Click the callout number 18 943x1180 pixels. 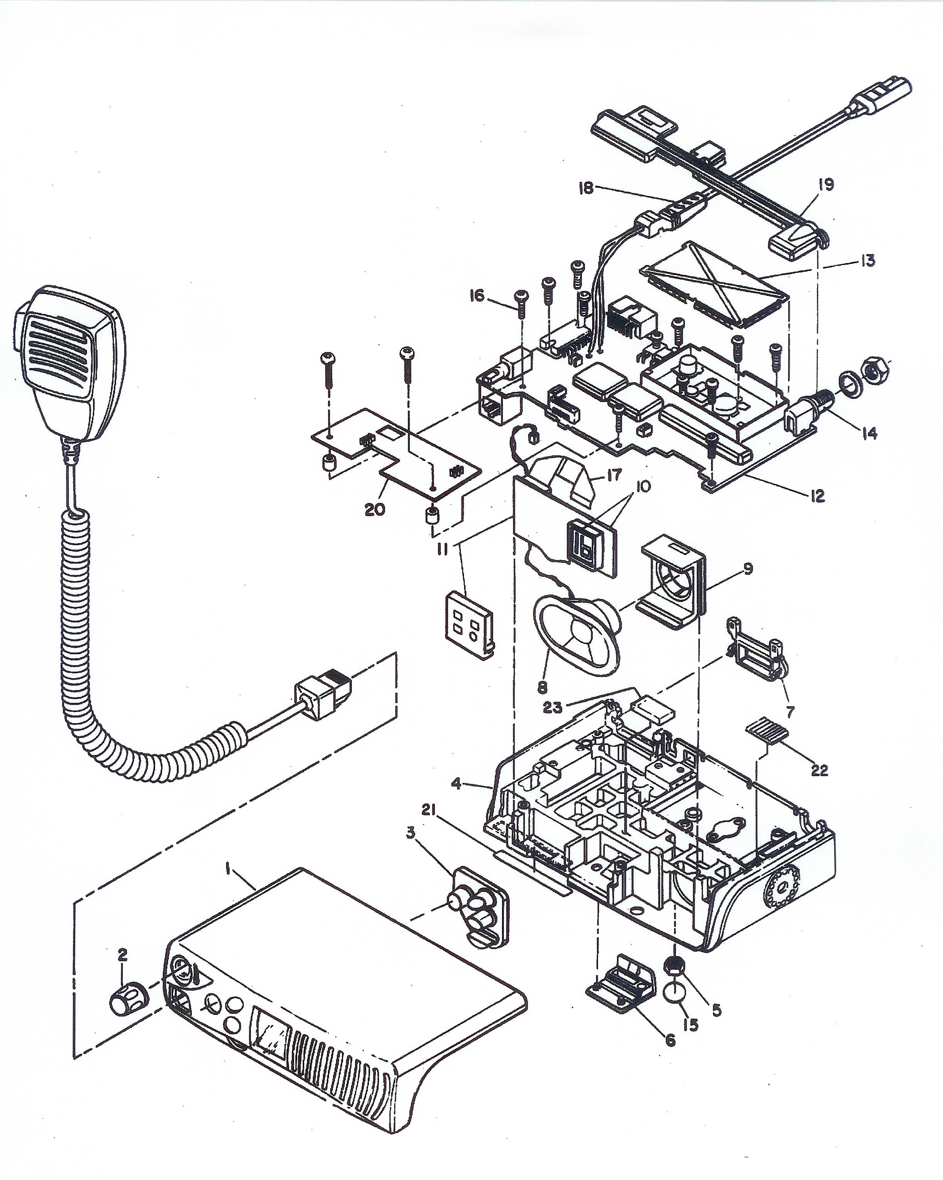pyautogui.click(x=586, y=188)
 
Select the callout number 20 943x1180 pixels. pyautogui.click(x=375, y=510)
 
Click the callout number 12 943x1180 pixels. pyautogui.click(x=817, y=496)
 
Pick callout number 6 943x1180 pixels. pyautogui.click(x=671, y=1039)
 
